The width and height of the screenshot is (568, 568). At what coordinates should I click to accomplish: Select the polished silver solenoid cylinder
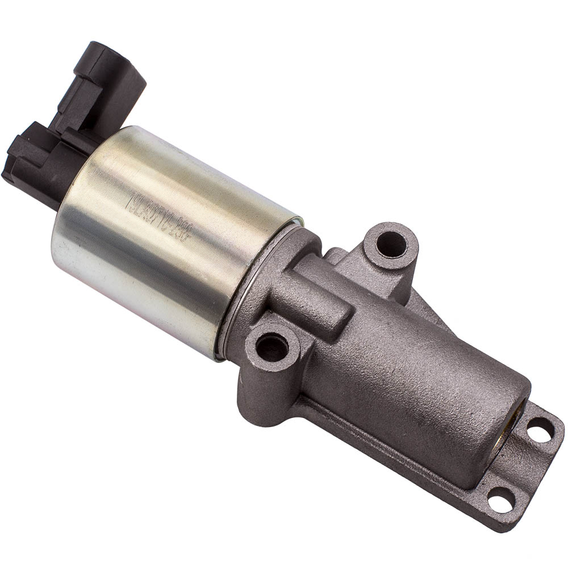(x=170, y=239)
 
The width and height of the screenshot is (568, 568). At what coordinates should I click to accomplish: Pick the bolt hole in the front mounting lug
(x=272, y=346)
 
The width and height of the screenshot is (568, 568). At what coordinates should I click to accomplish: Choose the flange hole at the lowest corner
(x=501, y=500)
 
